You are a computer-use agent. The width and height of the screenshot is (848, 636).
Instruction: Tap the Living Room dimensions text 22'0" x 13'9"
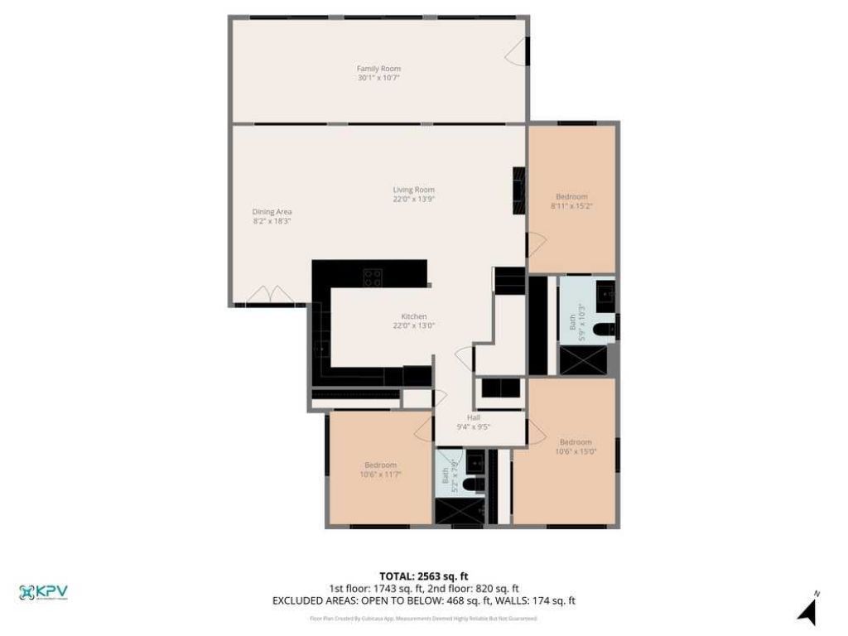(x=413, y=199)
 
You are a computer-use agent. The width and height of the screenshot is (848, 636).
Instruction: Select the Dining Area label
(x=272, y=212)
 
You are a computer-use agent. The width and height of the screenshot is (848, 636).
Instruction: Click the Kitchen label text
(x=413, y=316)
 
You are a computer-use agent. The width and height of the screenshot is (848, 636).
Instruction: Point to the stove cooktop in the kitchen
(x=373, y=277)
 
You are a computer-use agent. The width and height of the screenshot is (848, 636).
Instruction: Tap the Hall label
(x=474, y=417)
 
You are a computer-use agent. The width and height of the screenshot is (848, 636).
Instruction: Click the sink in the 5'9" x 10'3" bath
(x=605, y=294)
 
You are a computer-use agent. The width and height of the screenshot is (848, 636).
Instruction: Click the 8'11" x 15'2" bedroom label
(x=571, y=196)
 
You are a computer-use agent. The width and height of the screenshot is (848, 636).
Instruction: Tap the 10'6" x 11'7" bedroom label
(x=380, y=465)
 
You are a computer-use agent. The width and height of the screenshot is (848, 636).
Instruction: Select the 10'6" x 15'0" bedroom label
(x=576, y=441)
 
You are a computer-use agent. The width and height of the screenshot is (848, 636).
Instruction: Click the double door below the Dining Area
(x=269, y=295)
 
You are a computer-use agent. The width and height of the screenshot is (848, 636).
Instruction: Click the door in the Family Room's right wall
(x=518, y=51)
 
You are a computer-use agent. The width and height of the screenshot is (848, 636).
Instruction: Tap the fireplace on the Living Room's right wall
(x=519, y=191)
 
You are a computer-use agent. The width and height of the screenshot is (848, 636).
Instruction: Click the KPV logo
(x=43, y=592)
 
